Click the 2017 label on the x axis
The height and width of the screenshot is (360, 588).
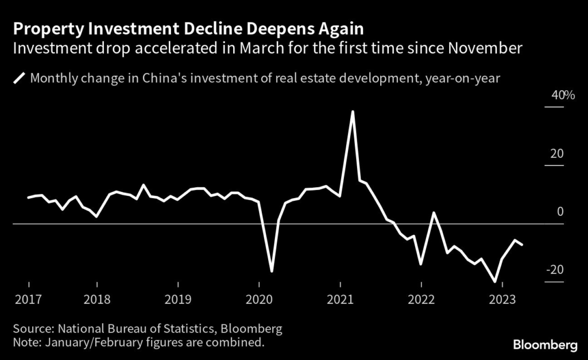(x=28, y=299)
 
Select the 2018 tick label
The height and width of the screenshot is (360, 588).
(x=97, y=299)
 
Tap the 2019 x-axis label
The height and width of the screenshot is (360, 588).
(x=178, y=299)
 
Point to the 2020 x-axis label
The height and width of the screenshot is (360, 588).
(x=259, y=299)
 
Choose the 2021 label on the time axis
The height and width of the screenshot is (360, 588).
(x=341, y=299)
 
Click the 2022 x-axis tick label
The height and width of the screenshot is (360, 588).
(x=421, y=299)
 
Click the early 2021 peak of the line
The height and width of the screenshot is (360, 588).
(x=353, y=111)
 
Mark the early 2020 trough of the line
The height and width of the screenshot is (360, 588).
(x=272, y=270)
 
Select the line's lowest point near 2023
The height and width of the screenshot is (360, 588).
(x=495, y=282)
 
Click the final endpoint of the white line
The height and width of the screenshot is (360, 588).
(x=522, y=245)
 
